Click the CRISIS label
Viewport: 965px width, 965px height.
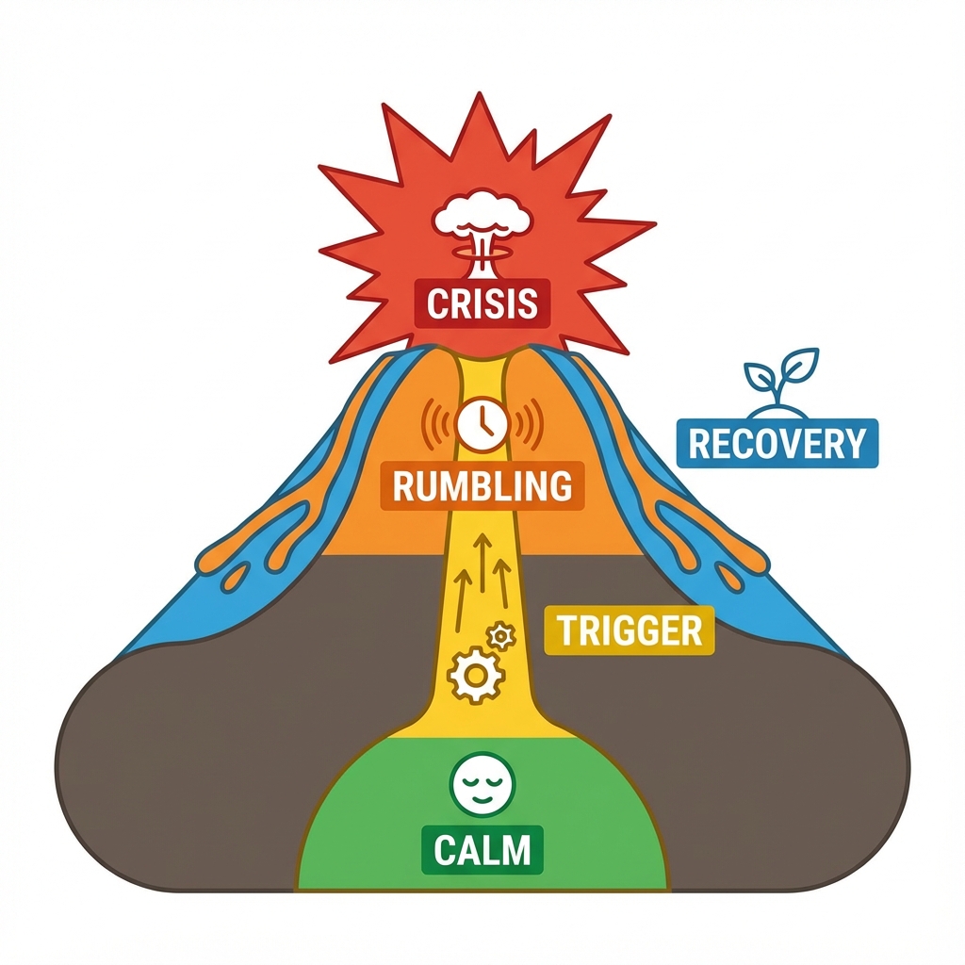tap(482, 303)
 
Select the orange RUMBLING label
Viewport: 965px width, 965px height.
tap(482, 486)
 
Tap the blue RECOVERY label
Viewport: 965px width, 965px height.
tap(777, 443)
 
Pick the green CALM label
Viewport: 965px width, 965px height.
tap(482, 850)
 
